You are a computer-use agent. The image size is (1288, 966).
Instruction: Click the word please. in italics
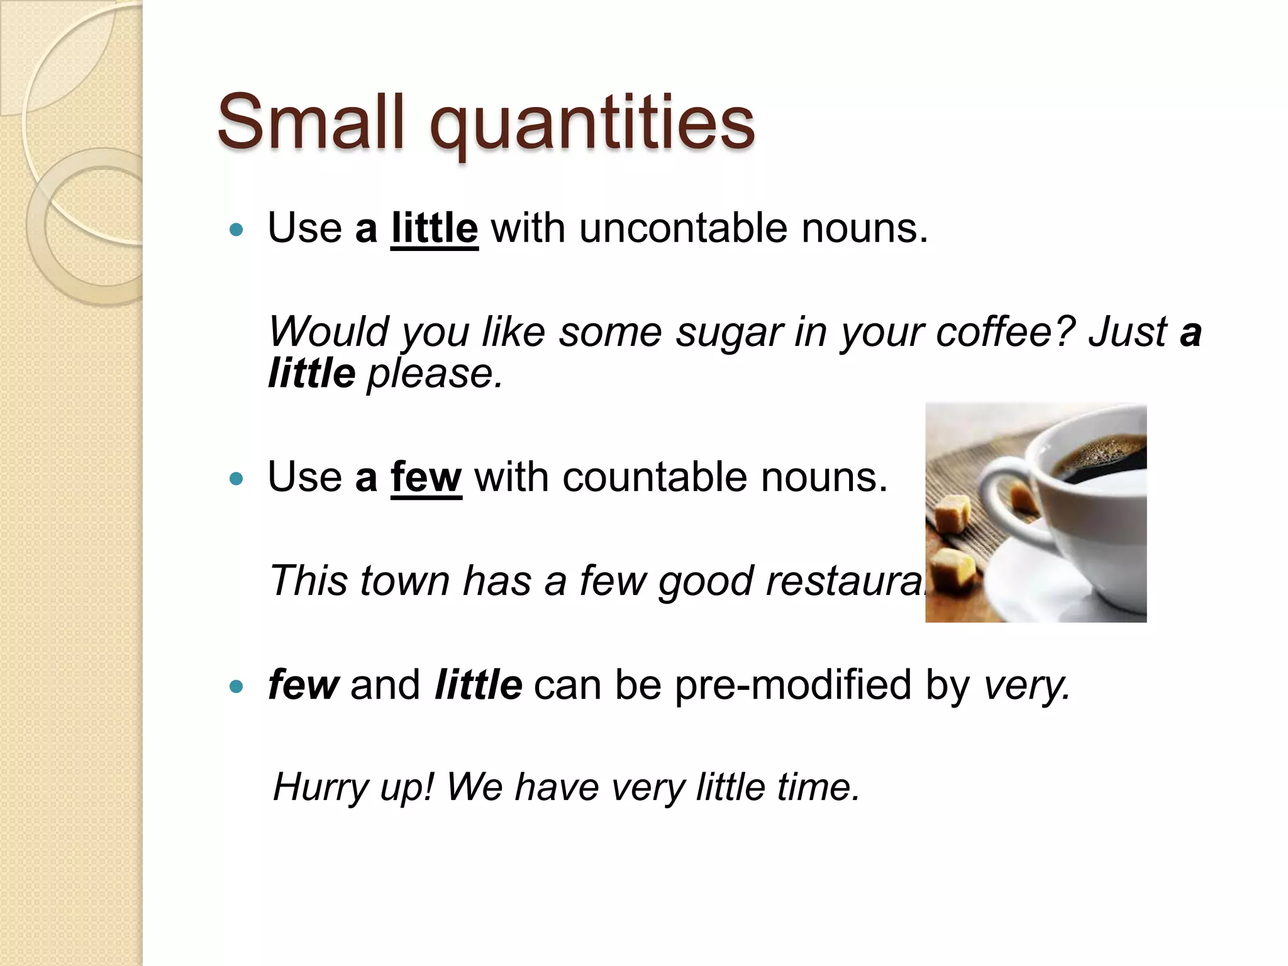pyautogui.click(x=435, y=374)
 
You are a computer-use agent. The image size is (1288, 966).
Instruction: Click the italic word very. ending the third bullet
pyautogui.click(x=1026, y=686)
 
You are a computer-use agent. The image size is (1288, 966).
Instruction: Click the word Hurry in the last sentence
pyautogui.click(x=320, y=787)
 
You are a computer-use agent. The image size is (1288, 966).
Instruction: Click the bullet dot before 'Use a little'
pyautogui.click(x=236, y=230)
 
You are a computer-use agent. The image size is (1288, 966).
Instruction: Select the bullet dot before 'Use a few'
pyautogui.click(x=236, y=479)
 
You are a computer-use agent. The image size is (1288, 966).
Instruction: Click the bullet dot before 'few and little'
pyautogui.click(x=236, y=687)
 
